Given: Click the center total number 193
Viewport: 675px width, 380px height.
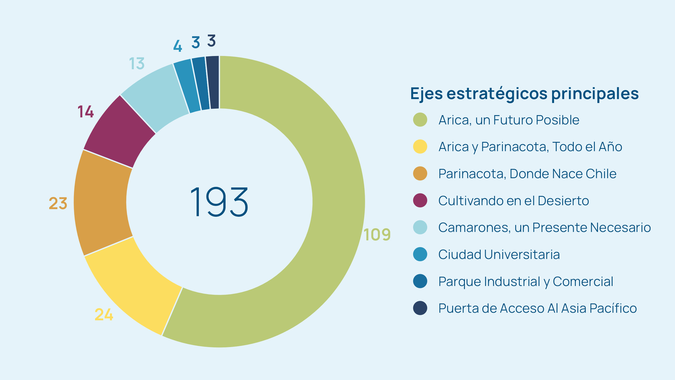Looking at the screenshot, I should click(x=219, y=202).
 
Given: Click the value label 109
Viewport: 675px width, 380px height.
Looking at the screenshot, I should click(x=377, y=234).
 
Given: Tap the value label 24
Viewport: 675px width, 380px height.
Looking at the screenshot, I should click(x=104, y=314).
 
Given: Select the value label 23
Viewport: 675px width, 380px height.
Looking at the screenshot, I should click(x=58, y=203).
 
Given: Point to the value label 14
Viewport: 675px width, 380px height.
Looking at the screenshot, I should click(x=85, y=112).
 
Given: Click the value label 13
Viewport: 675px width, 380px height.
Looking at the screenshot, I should click(x=137, y=64).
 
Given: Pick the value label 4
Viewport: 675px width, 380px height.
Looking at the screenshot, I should click(x=177, y=46).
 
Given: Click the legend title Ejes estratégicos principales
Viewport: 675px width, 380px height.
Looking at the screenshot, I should click(x=524, y=94).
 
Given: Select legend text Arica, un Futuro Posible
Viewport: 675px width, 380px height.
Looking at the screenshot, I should click(x=509, y=120).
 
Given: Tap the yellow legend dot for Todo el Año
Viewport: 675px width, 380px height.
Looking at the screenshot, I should click(x=420, y=147).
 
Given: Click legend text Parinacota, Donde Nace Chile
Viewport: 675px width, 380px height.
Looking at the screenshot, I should click(x=527, y=174).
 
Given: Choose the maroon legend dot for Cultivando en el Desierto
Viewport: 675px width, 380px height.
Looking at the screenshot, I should click(x=420, y=200).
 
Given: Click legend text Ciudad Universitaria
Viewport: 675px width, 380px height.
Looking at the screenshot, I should click(x=499, y=254).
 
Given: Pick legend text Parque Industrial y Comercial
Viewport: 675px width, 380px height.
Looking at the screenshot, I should click(x=526, y=281).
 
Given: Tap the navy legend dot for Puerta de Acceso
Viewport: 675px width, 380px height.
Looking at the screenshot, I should click(x=420, y=308).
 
